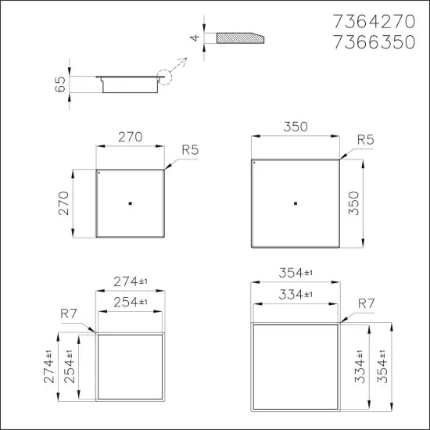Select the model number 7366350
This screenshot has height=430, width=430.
click(377, 43)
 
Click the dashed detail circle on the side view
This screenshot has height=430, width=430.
click(167, 81)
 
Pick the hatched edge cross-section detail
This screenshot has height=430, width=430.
click(238, 37)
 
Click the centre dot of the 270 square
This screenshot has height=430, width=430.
click(130, 202)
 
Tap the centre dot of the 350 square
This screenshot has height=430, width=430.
click(296, 203)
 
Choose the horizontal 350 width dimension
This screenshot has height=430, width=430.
click(296, 127)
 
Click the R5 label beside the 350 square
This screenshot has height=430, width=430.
click(364, 139)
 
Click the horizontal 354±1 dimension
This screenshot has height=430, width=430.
click(296, 272)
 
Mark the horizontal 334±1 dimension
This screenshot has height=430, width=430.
click(296, 294)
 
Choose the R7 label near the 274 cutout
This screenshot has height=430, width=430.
click(69, 314)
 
